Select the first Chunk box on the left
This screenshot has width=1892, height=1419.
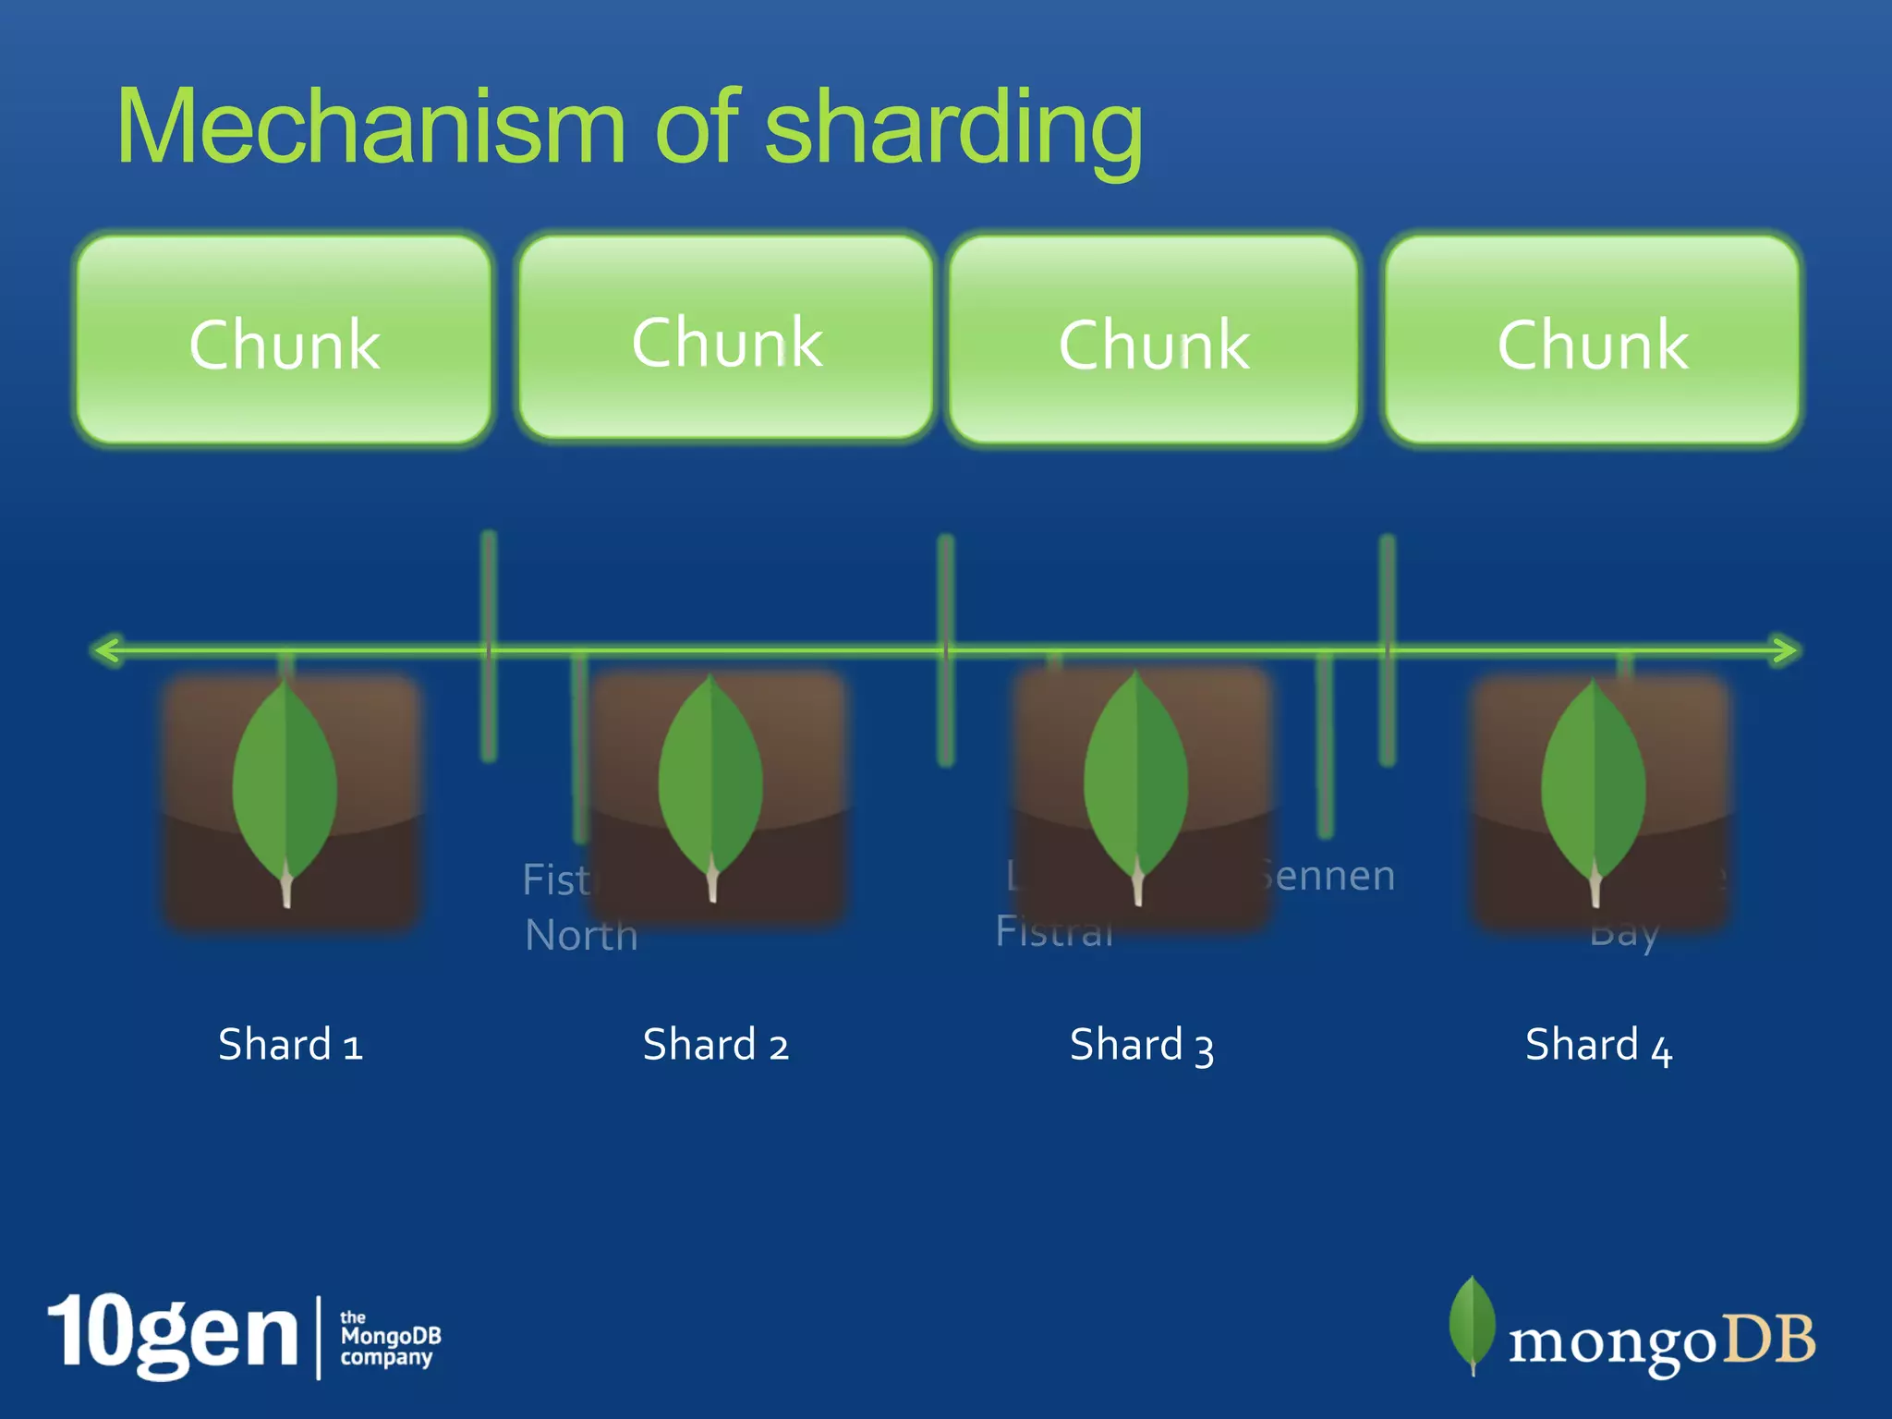point(284,340)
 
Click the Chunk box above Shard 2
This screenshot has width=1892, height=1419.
point(726,338)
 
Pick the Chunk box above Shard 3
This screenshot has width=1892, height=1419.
point(1154,340)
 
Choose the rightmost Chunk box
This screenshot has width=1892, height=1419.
point(1592,340)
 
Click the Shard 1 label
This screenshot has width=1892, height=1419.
point(290,1045)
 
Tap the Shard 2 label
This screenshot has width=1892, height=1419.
point(716,1045)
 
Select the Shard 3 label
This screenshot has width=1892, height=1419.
point(1142,1046)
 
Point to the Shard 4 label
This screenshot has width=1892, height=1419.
point(1598,1046)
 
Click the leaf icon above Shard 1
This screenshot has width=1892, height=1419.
point(285,790)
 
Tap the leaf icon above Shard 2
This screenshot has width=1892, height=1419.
point(710,785)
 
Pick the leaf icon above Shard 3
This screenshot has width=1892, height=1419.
point(1136,785)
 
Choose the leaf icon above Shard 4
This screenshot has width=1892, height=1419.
point(1594,790)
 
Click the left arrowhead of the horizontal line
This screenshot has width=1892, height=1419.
point(106,649)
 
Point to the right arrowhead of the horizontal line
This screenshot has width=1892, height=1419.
point(1787,649)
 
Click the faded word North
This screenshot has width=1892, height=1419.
point(581,935)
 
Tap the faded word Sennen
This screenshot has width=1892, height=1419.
point(1330,876)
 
